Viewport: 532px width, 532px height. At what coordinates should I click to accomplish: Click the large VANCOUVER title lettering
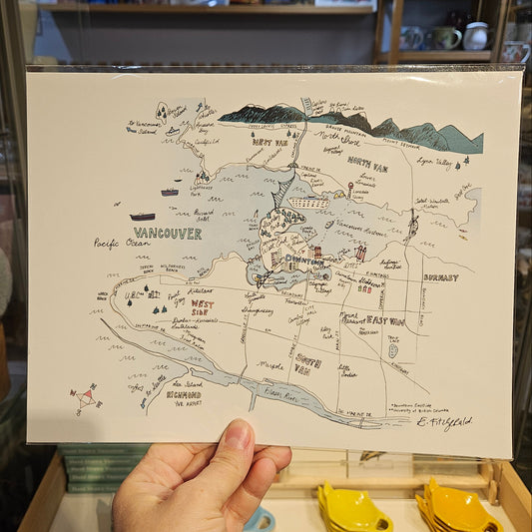coord(167,234)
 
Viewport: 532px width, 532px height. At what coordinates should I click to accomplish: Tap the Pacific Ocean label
coord(120,243)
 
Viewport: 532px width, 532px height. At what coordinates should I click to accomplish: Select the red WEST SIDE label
coord(202,306)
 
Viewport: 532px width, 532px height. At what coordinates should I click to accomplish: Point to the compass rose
coord(87,396)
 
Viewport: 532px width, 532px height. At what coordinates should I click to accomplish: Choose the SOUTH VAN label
coord(307,362)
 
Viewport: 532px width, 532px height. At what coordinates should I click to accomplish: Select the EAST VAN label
coord(384,320)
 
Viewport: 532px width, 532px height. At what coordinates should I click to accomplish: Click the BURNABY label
coord(440,276)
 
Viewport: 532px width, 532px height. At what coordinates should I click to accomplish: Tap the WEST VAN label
coord(269,143)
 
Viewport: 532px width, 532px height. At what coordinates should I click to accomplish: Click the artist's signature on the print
coord(445,423)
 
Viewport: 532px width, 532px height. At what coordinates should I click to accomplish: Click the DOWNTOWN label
coord(304,261)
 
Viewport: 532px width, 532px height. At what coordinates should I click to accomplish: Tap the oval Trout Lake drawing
coord(392,350)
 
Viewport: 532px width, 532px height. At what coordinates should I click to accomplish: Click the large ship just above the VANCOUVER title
coord(143,216)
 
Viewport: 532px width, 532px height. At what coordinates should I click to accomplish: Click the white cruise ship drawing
coord(308,202)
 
